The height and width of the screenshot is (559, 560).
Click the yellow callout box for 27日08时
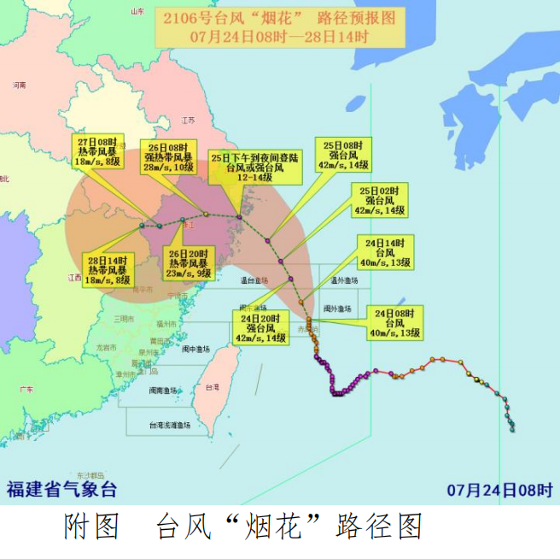pyautogui.click(x=99, y=151)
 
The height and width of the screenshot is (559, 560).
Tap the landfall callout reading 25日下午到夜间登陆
pyautogui.click(x=255, y=168)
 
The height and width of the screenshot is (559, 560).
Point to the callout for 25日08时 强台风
pyautogui.click(x=344, y=155)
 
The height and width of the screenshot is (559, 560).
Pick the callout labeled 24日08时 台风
pyautogui.click(x=394, y=321)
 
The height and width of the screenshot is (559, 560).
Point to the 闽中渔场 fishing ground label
pyautogui.click(x=195, y=349)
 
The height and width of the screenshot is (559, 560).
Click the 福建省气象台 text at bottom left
pyautogui.click(x=62, y=490)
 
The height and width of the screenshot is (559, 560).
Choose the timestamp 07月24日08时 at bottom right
pyautogui.click(x=499, y=490)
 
